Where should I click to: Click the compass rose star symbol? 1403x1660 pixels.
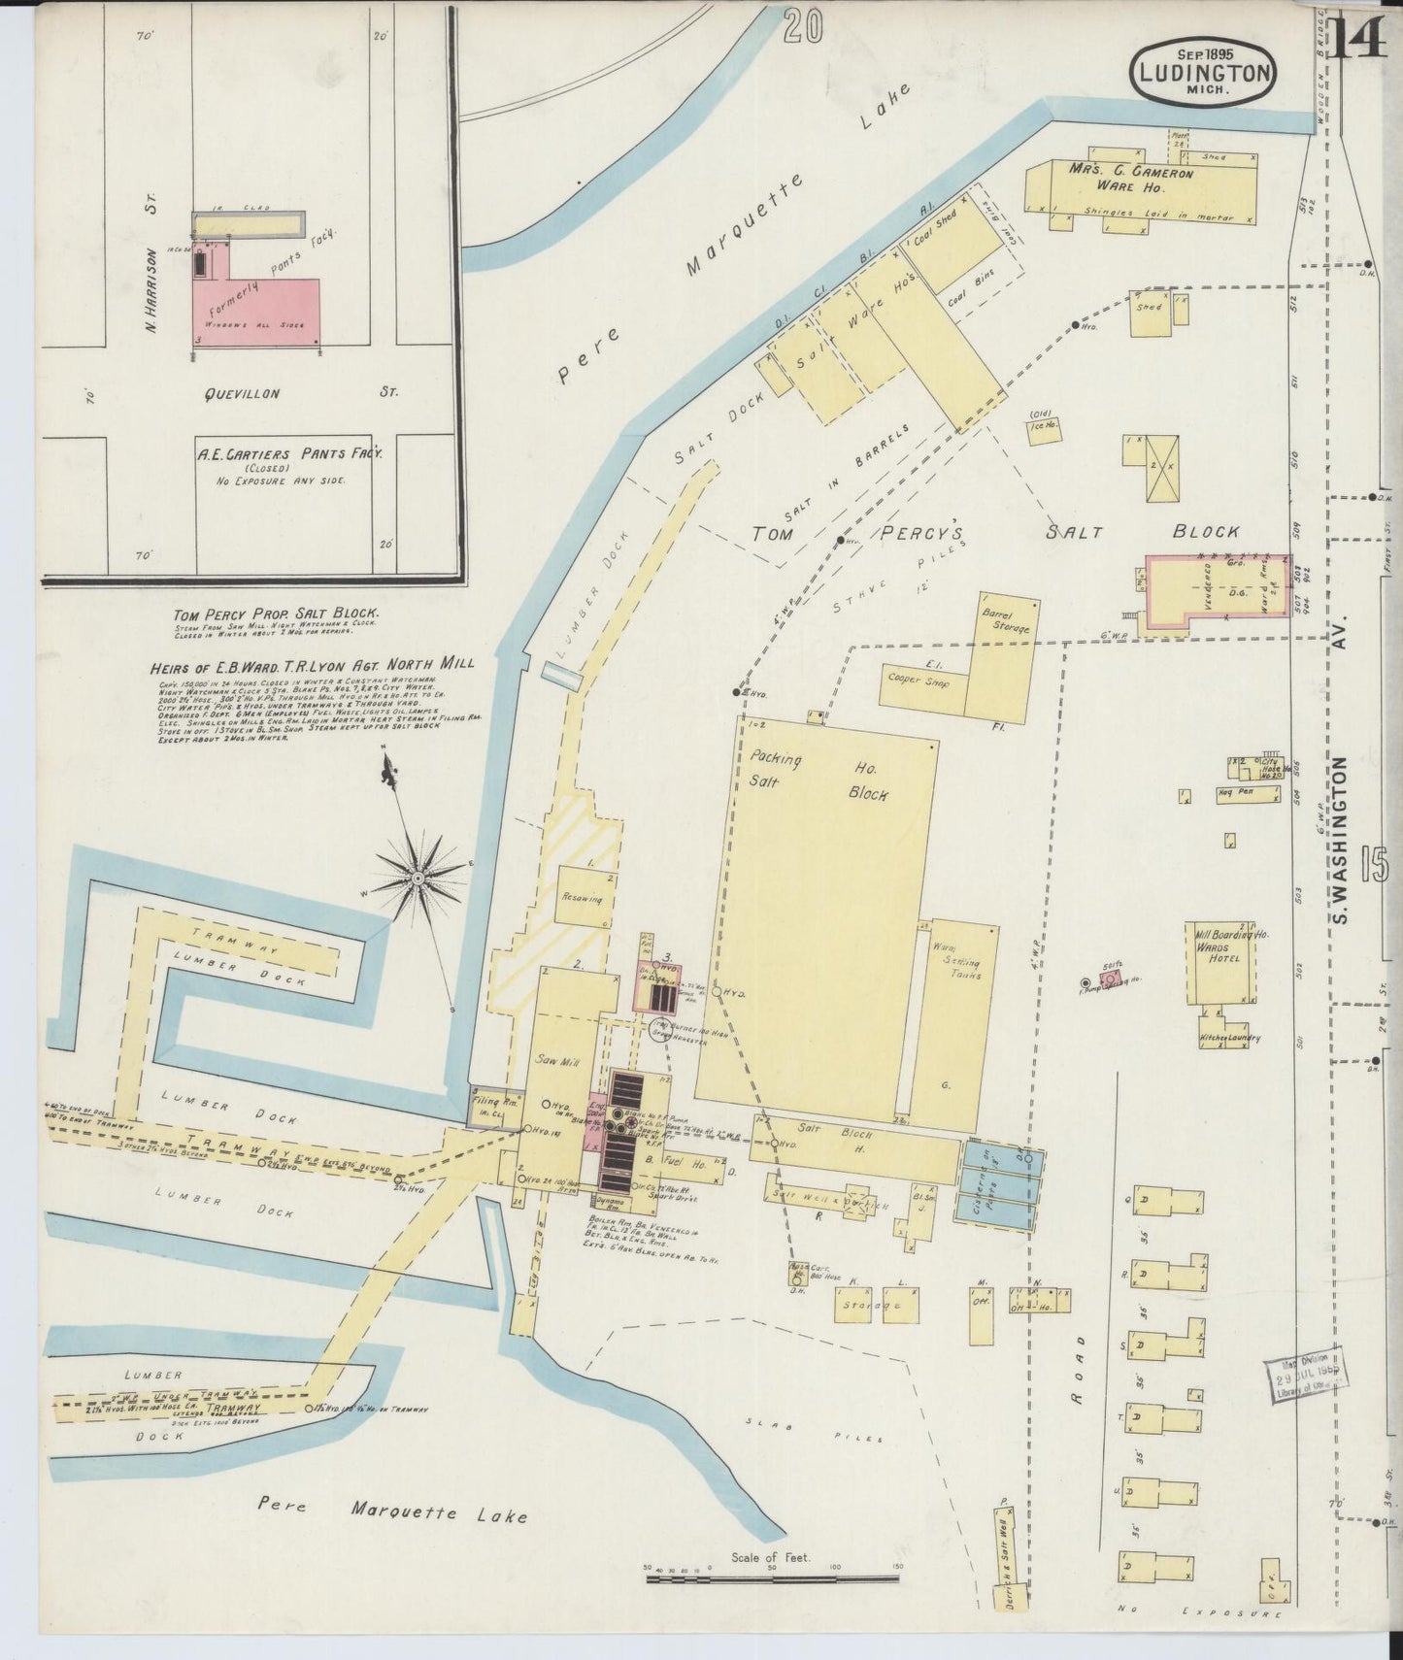pyautogui.click(x=418, y=879)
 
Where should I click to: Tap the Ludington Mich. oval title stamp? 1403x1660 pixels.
pyautogui.click(x=1203, y=71)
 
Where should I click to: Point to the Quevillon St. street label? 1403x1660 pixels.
pyautogui.click(x=243, y=393)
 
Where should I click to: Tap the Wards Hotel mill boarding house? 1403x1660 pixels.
pyautogui.click(x=1219, y=961)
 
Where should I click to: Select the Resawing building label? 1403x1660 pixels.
pyautogui.click(x=582, y=899)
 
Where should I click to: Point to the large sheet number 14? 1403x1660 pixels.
pyautogui.click(x=1360, y=41)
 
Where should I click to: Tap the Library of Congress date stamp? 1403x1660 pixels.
pyautogui.click(x=1307, y=1376)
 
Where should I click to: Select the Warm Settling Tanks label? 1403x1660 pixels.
pyautogui.click(x=956, y=961)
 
